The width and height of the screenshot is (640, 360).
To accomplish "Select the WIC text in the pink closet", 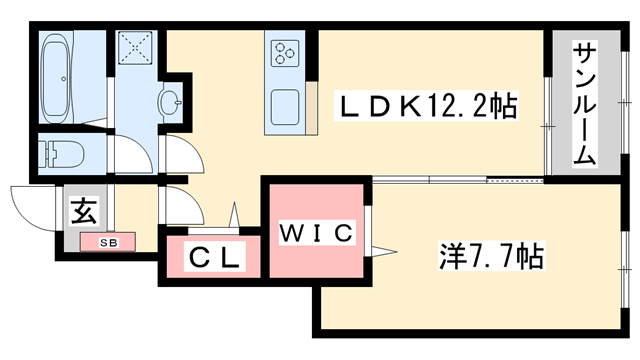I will pos(315,235).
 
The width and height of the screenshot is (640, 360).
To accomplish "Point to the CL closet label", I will pos(214,258).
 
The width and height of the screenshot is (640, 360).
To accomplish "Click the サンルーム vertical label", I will pos(584,104).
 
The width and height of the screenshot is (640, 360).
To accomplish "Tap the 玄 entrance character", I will pos(84,212).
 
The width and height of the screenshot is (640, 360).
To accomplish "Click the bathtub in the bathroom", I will pos(58,76).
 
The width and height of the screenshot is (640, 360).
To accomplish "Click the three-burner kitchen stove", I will pos(283,52).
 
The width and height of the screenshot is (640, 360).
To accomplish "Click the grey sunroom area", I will pos(584,140).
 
